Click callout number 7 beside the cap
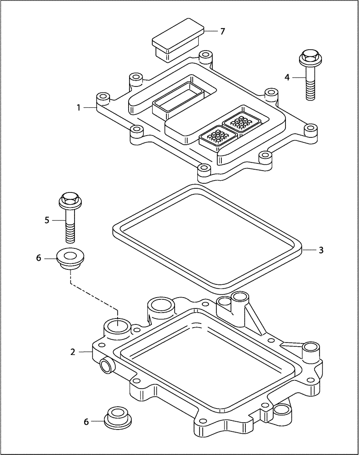point(222,31)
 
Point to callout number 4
point(287,77)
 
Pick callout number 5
point(47,220)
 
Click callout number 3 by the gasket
point(321,250)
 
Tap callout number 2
point(72,352)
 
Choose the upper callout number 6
point(39,258)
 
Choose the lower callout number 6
point(86,422)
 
